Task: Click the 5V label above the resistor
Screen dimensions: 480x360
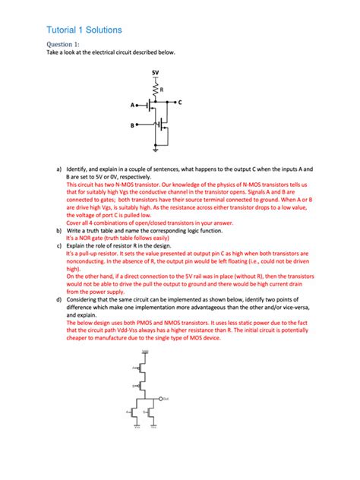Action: click(x=155, y=73)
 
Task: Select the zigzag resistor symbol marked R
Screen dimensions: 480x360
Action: click(x=155, y=90)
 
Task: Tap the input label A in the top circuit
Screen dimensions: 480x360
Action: click(x=131, y=105)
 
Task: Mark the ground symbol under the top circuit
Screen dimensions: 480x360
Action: click(x=156, y=150)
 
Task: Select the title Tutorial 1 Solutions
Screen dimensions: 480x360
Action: click(x=84, y=29)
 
